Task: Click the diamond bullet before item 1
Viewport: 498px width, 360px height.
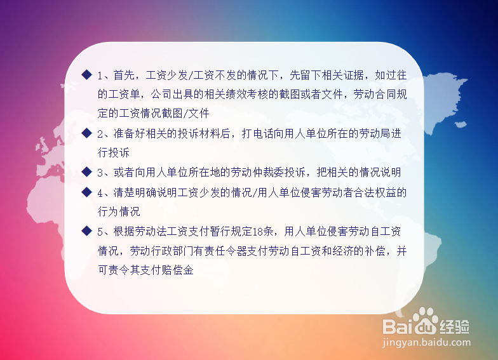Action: pos(86,75)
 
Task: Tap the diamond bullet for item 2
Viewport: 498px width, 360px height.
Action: pos(86,133)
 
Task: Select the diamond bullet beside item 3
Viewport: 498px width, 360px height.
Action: pos(86,171)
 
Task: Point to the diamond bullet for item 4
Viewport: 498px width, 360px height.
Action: pos(86,192)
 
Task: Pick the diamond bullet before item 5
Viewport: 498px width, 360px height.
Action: pos(86,231)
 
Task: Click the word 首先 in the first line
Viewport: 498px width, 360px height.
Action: pos(124,75)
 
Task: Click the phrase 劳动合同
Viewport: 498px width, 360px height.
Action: pos(375,94)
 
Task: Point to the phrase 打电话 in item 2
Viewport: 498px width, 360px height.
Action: pos(258,133)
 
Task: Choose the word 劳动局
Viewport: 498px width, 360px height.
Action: pos(375,133)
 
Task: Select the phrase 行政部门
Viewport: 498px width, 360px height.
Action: pos(172,251)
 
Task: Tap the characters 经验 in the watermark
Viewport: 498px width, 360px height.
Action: pos(454,326)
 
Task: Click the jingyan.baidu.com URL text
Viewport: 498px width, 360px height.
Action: pos(427,343)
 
